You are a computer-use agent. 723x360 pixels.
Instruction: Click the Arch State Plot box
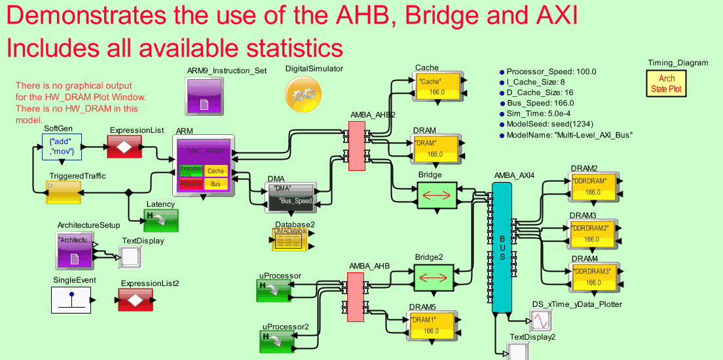point(667,84)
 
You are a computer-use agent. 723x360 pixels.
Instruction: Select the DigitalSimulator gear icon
point(303,94)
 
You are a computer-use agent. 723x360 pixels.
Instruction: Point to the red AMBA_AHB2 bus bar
point(356,147)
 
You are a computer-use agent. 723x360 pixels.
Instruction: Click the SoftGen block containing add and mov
point(62,147)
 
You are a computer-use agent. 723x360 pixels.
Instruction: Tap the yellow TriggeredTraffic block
point(63,192)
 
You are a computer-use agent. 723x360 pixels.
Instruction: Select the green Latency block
point(160,221)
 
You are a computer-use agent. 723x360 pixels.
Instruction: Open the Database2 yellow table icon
point(289,241)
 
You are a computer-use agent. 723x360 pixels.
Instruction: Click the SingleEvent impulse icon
point(71,300)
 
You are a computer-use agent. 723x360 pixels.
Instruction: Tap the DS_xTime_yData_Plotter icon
point(540,321)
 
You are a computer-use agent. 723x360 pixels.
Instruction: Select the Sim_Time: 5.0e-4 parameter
point(539,113)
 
